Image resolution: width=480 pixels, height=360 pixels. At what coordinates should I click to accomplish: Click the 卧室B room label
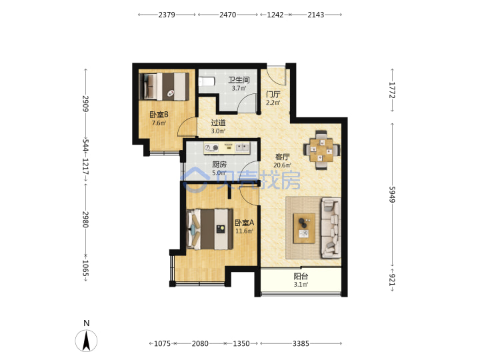click(x=159, y=115)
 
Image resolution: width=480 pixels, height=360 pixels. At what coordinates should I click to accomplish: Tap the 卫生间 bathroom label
click(x=239, y=80)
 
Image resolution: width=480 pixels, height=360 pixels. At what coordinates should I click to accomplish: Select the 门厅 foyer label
click(x=273, y=94)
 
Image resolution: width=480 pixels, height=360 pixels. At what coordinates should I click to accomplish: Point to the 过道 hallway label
click(x=218, y=123)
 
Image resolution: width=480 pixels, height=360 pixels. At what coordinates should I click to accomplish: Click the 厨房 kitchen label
click(x=219, y=165)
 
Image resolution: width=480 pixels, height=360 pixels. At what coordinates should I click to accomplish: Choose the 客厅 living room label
click(x=282, y=157)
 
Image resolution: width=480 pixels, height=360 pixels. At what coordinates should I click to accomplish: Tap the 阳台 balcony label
click(x=301, y=277)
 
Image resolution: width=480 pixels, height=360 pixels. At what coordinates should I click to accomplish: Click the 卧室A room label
click(x=244, y=223)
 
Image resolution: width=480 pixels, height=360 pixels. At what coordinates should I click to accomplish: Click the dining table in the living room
click(x=321, y=150)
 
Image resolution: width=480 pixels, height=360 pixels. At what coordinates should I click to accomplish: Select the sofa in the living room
click(x=331, y=227)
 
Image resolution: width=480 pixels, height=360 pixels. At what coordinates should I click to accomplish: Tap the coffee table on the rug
click(x=304, y=229)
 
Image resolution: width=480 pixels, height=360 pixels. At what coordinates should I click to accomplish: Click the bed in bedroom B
click(x=164, y=86)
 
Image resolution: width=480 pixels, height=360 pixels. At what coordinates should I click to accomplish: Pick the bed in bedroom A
click(x=210, y=229)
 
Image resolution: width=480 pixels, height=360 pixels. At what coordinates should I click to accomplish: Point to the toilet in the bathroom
click(x=207, y=81)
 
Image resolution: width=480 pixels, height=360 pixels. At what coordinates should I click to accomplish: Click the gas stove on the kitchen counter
click(x=211, y=148)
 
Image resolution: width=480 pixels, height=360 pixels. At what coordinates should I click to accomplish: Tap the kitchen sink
click(x=242, y=148)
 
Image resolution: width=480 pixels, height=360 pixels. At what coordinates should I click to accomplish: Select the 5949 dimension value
click(x=392, y=195)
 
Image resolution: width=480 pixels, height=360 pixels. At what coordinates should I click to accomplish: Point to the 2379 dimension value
click(x=167, y=15)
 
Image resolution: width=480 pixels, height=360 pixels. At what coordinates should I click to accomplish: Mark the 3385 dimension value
click(x=301, y=343)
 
